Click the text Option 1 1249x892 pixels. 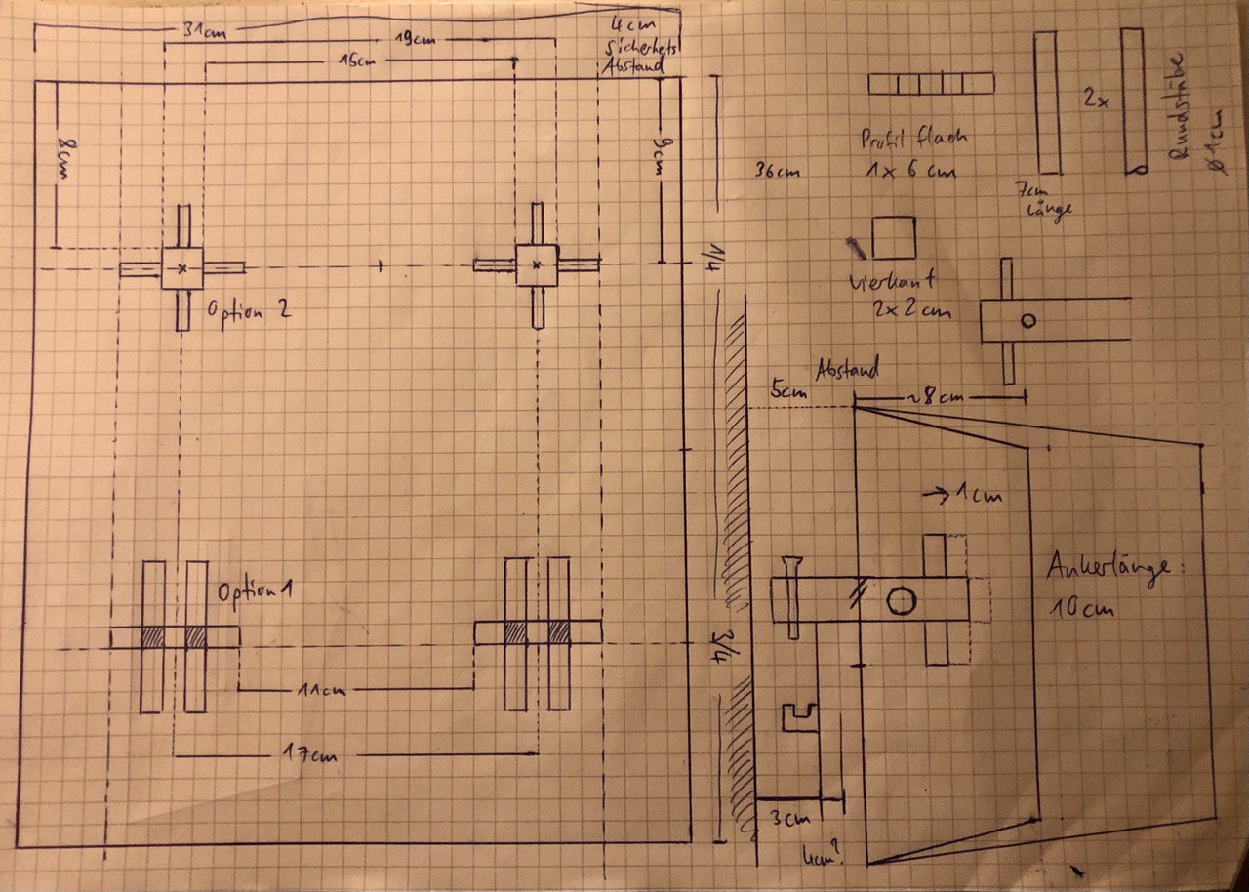tap(257, 592)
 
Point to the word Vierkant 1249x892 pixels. tap(892, 282)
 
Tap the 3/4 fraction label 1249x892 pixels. tap(722, 645)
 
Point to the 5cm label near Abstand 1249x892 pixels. tap(784, 390)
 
